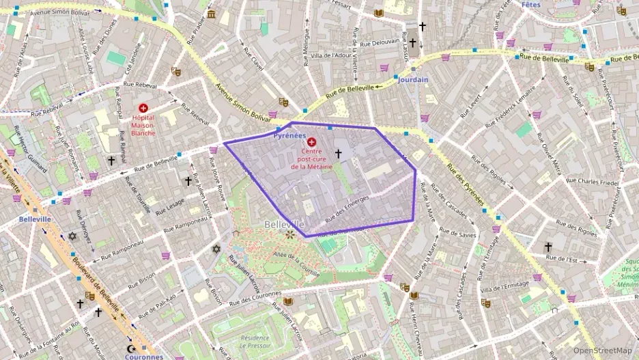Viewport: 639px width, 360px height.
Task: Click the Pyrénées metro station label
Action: (x=289, y=135)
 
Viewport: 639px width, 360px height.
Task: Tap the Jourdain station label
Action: (x=413, y=79)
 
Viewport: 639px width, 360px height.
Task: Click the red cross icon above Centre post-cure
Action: (x=312, y=141)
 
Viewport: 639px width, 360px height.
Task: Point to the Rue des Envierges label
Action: (x=347, y=208)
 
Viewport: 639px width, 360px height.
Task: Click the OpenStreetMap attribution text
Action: (x=602, y=350)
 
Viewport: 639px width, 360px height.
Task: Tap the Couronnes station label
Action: (x=144, y=356)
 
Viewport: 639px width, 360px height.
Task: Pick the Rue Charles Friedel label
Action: (x=587, y=182)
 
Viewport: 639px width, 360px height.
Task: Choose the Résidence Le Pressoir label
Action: (x=255, y=342)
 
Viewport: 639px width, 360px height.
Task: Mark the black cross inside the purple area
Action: (x=338, y=154)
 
